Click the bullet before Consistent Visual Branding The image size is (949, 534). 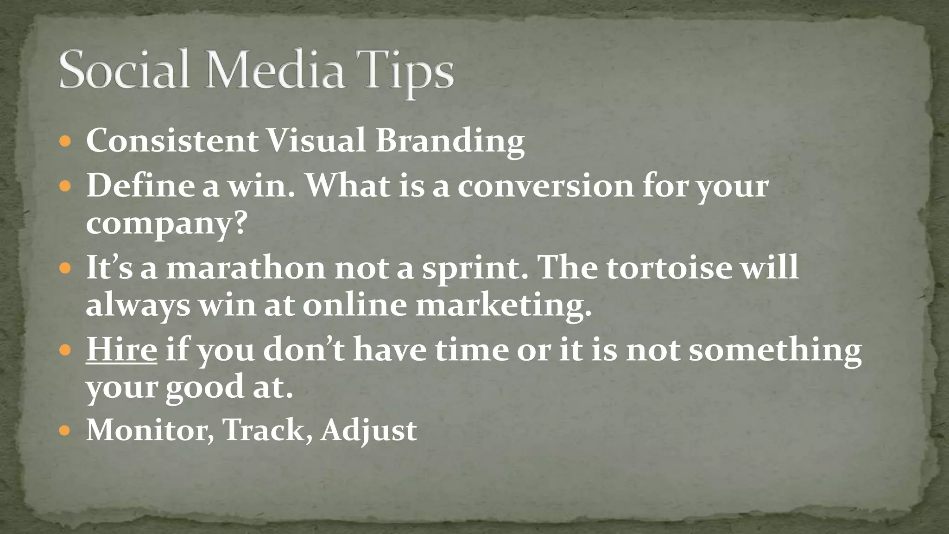(65, 141)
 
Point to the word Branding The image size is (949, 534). (449, 141)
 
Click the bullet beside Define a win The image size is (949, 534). (65, 186)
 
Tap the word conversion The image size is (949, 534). (545, 186)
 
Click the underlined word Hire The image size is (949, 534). (121, 349)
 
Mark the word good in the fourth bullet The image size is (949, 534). (204, 387)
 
